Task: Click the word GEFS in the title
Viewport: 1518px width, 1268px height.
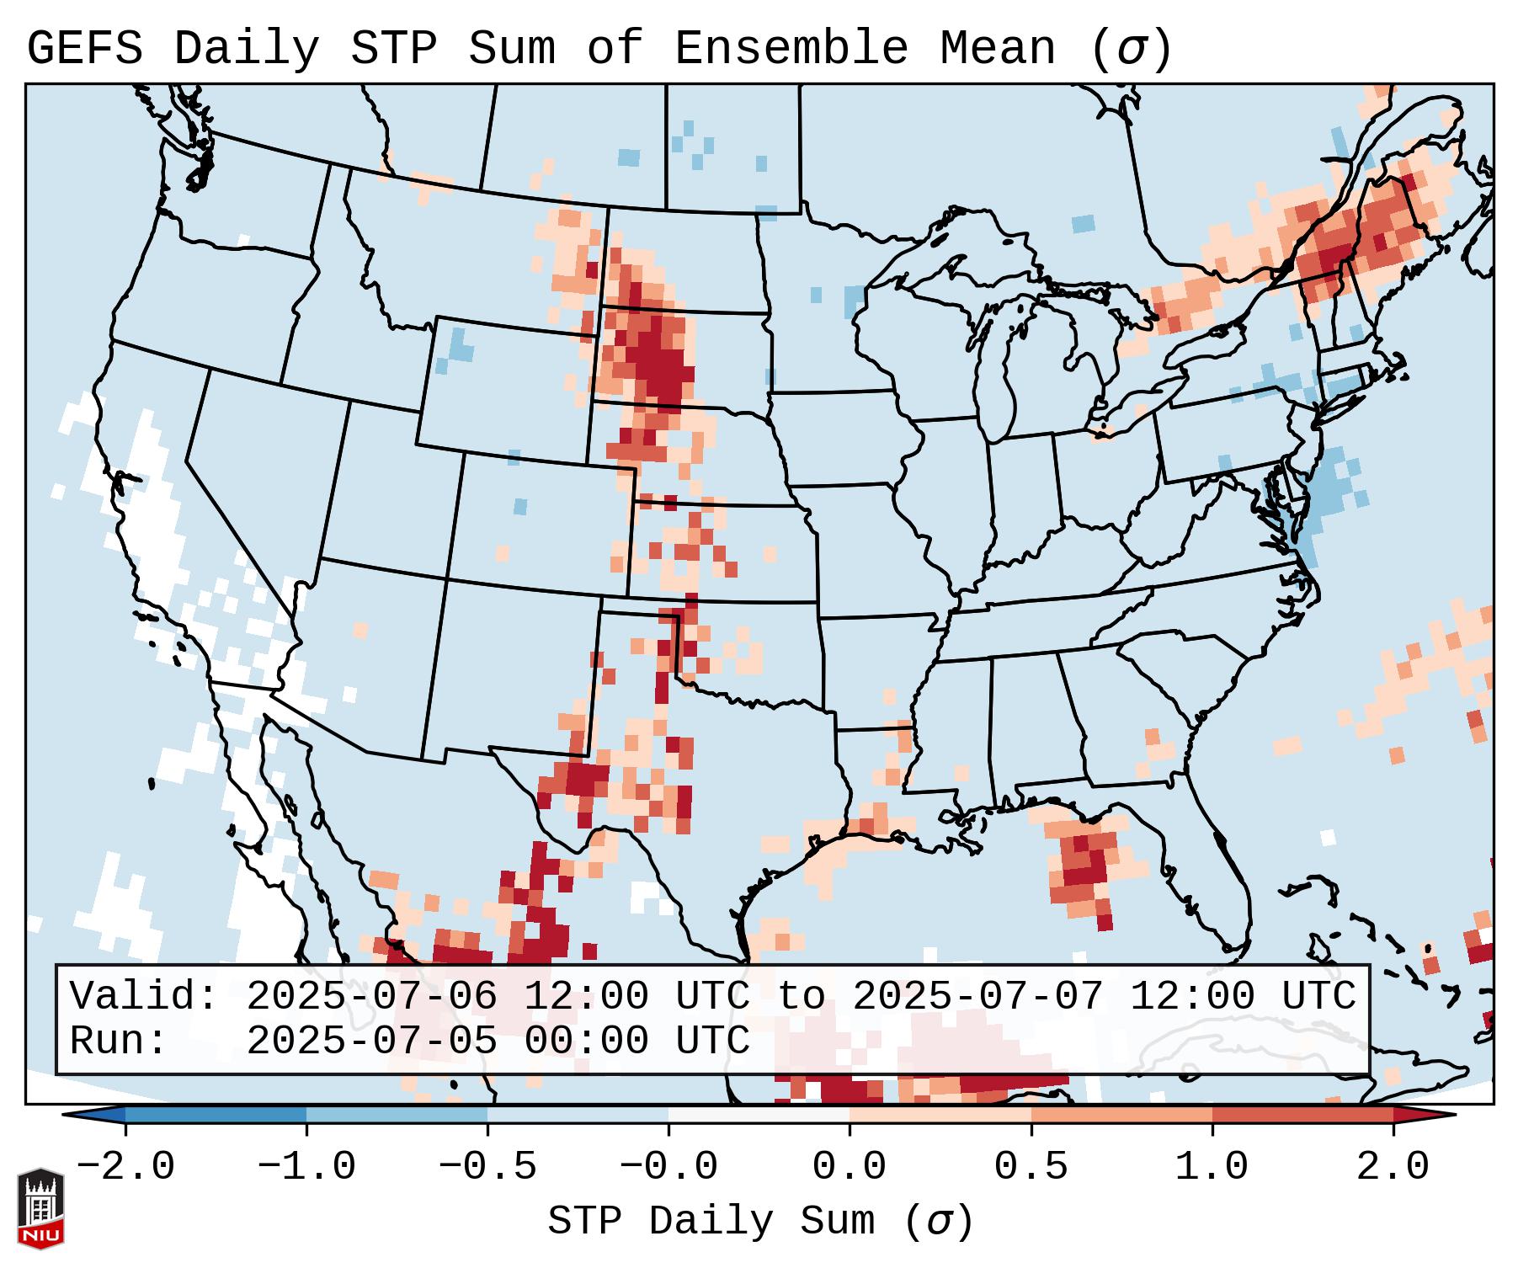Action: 84,49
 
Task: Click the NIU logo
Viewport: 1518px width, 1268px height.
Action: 40,1207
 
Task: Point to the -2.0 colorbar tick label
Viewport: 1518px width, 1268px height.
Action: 125,1167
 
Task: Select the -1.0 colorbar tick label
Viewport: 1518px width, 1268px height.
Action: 306,1167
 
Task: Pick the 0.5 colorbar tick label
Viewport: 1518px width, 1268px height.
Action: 1031,1167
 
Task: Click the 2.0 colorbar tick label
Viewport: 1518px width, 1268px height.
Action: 1393,1167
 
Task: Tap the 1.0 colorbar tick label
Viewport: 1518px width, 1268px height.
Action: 1212,1167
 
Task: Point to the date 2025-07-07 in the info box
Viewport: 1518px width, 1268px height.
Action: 977,997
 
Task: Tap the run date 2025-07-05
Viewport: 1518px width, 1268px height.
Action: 371,1041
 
